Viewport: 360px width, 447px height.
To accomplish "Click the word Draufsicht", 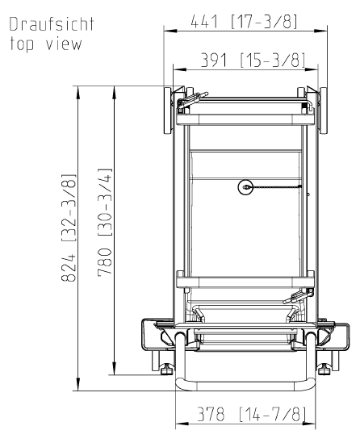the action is point(52,24).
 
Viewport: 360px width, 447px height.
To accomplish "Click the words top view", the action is point(46,44).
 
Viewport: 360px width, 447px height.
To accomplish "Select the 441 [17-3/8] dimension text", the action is point(244,21).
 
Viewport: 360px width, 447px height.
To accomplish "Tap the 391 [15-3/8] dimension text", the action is point(253,60).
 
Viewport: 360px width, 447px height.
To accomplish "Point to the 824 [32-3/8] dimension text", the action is point(69,228).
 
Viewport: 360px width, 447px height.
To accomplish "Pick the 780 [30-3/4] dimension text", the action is point(105,223).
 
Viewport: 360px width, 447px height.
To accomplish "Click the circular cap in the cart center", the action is point(245,187).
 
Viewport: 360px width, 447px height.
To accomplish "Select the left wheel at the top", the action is point(168,111).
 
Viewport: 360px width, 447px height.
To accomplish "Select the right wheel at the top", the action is point(323,111).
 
